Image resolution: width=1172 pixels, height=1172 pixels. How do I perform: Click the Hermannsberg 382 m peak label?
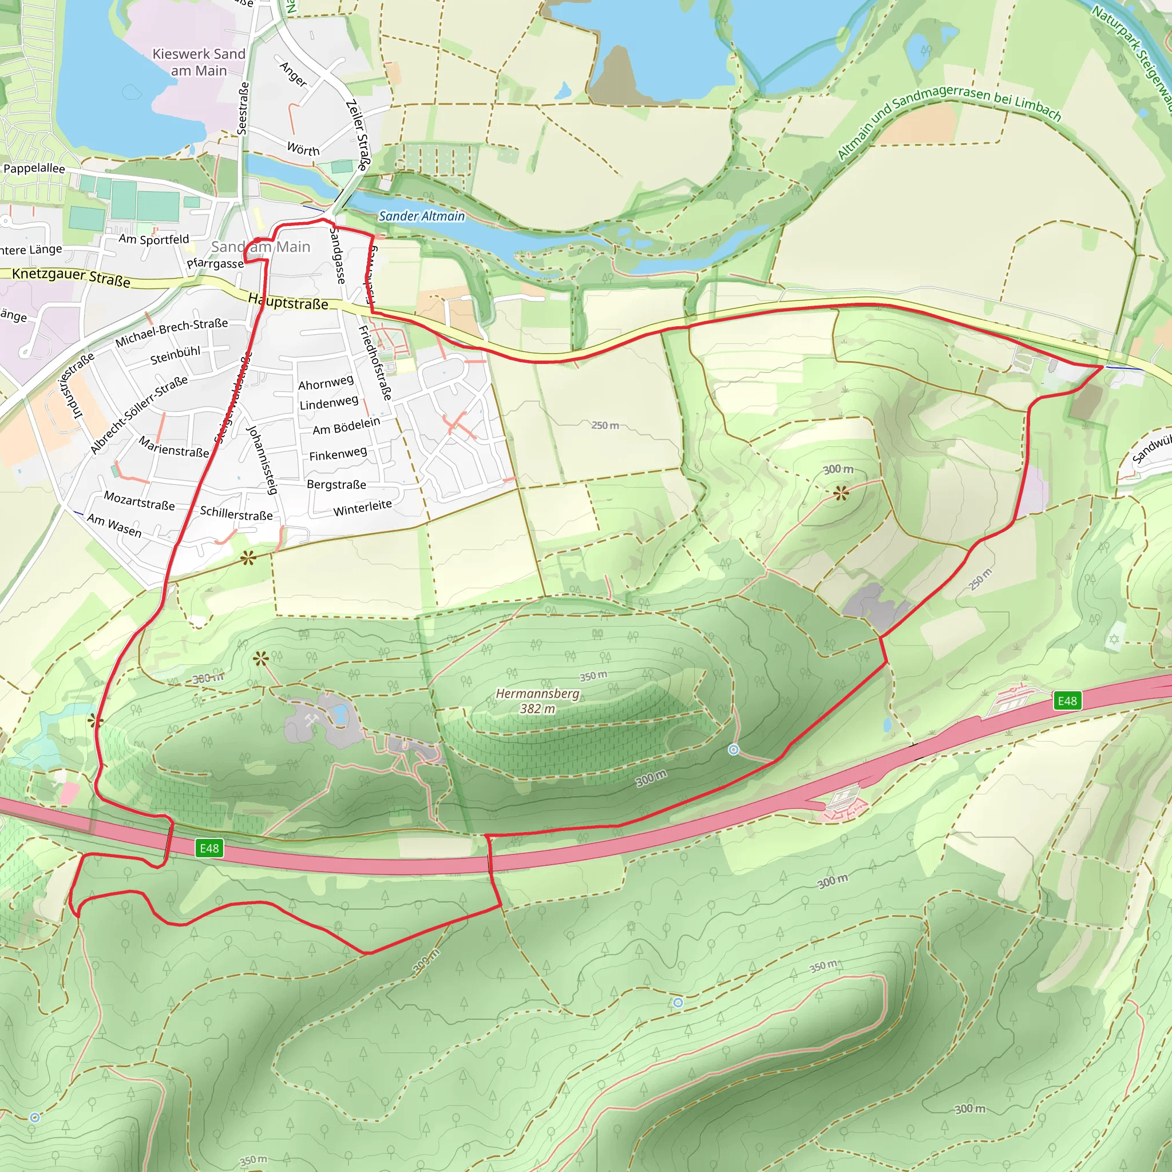537,700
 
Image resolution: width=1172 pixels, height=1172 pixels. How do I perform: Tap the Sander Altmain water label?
422,216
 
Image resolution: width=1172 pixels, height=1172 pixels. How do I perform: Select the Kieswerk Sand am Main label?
199,62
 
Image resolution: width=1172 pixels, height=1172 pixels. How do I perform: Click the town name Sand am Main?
261,247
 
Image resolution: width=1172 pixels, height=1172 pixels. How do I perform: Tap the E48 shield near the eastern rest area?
1067,701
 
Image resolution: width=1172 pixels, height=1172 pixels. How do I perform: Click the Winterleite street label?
362,507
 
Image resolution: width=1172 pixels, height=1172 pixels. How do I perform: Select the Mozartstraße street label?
139,501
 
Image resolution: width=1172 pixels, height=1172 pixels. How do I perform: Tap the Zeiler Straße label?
357,134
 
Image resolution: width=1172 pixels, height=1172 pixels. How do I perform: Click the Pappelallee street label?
34,168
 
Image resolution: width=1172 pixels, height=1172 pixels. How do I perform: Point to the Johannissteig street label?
262,459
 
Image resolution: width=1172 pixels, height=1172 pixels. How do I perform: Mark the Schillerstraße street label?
236,513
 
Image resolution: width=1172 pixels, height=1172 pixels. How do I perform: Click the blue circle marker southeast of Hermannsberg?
734,750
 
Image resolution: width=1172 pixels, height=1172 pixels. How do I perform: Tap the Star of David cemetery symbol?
1114,639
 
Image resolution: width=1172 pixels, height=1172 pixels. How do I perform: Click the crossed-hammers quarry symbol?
312,719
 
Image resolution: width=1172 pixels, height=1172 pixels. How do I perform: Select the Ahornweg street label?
325,383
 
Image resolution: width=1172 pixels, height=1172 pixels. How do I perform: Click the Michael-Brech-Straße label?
171,332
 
